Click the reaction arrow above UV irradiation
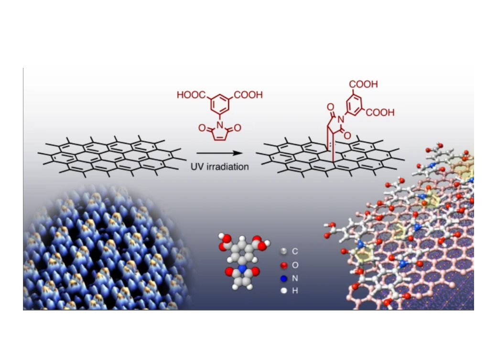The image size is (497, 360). coord(219,153)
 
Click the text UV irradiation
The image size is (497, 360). coord(220,167)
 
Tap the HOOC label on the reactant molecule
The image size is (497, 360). coord(191,95)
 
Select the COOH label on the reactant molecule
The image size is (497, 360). coord(248,95)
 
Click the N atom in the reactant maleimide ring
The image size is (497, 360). coord(220,125)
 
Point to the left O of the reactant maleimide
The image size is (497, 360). coord(202,128)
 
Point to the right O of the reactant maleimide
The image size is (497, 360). coord(238,128)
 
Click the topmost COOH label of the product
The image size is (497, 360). coord(364,84)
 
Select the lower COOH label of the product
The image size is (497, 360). coord(380,112)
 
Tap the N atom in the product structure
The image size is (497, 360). coord(341,119)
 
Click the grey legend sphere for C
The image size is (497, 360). coord(284,252)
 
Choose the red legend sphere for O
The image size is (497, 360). coord(284,265)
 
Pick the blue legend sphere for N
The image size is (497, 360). coord(284,279)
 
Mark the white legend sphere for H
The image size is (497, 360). coord(284,290)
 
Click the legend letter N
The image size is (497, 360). coord(295,278)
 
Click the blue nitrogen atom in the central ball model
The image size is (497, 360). coord(242,269)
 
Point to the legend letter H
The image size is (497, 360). coord(295,291)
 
